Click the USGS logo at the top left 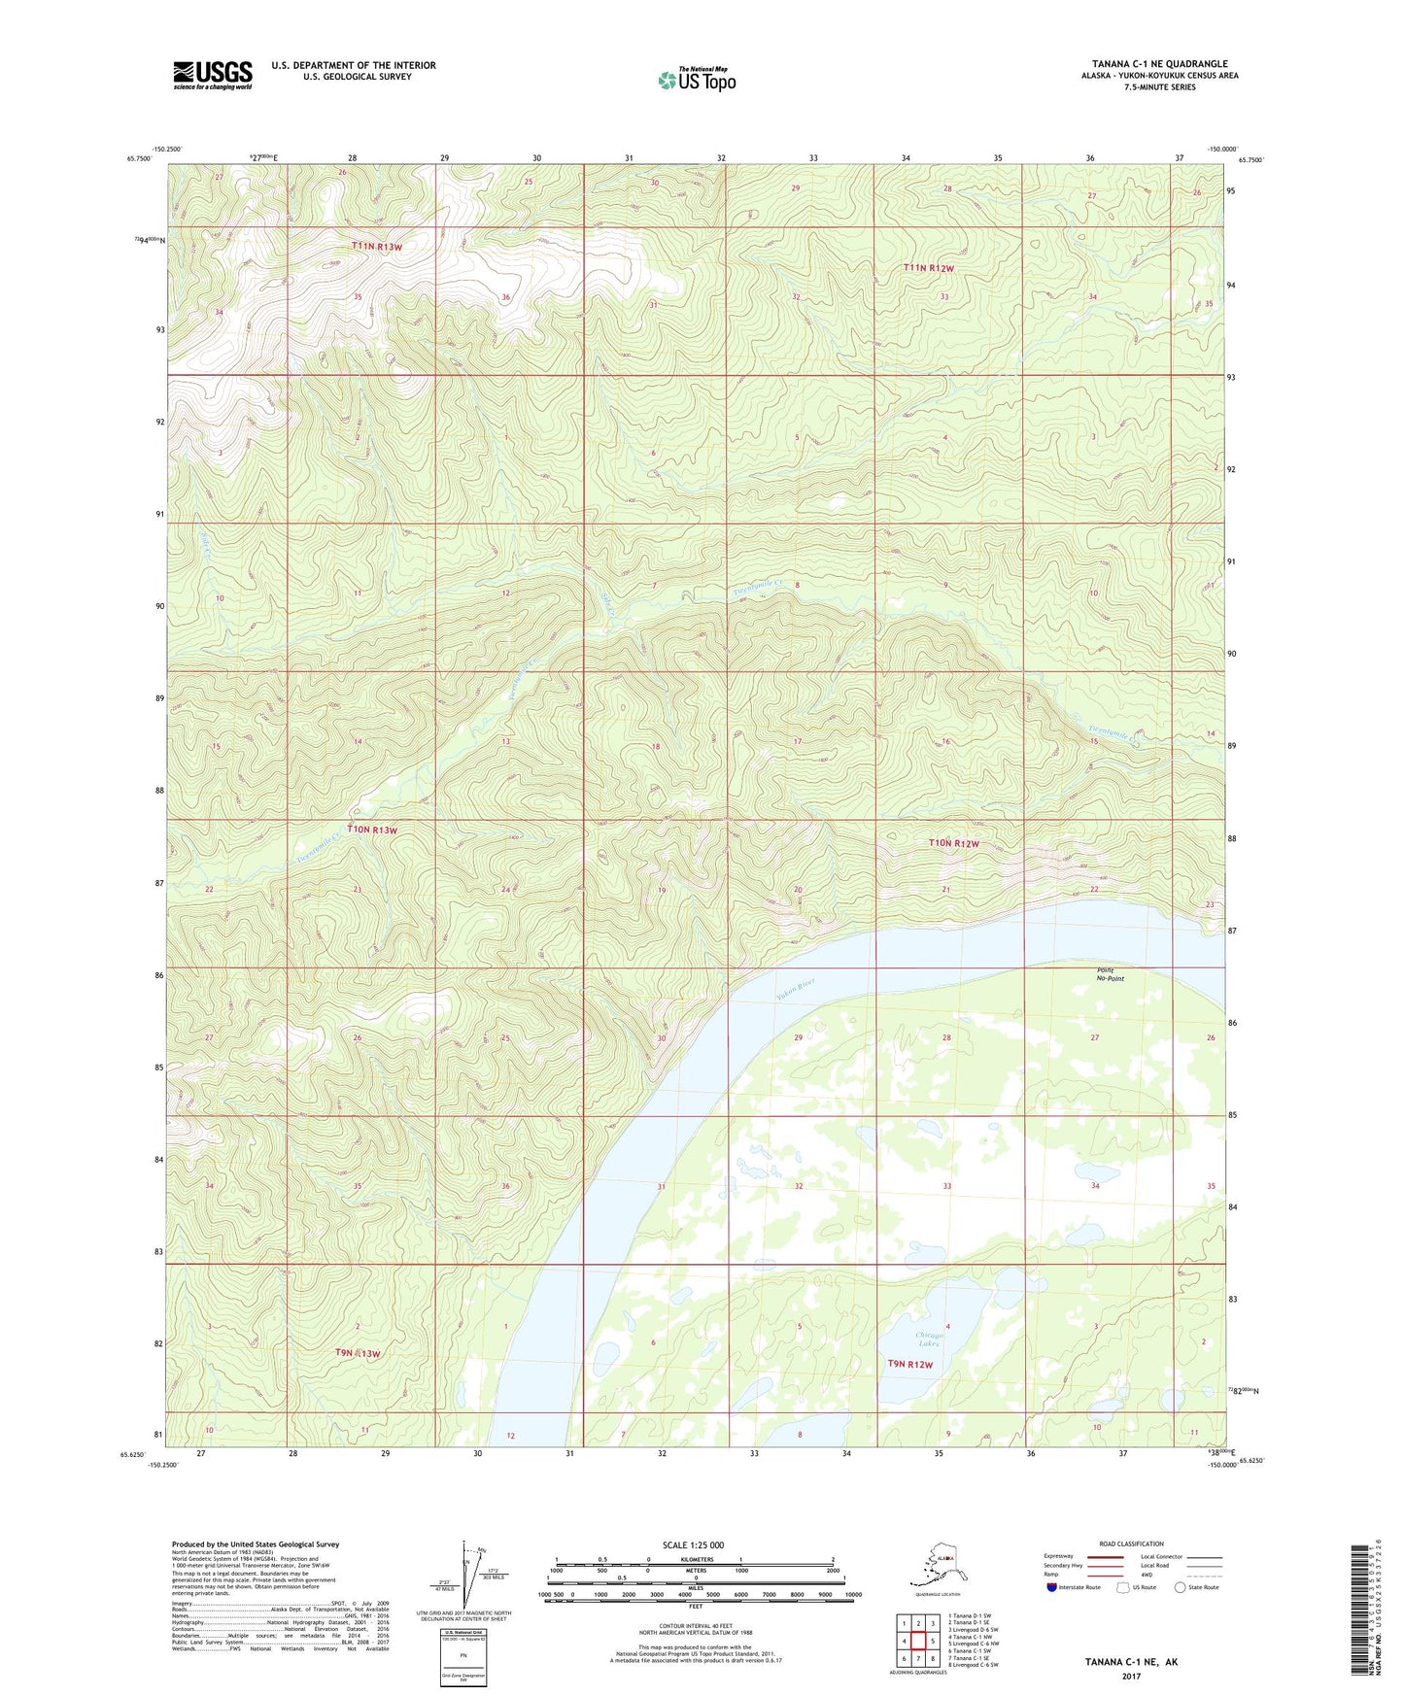click(x=213, y=75)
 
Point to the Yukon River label click(x=795, y=989)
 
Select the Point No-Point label click(x=1110, y=974)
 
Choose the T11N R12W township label click(x=929, y=267)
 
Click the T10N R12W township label click(x=953, y=843)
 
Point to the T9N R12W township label click(x=909, y=1364)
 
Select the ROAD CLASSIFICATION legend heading click(x=1131, y=1543)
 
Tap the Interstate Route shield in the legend click(x=1052, y=1587)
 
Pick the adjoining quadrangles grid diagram click(x=917, y=1639)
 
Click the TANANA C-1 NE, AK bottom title click(x=1131, y=1662)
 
